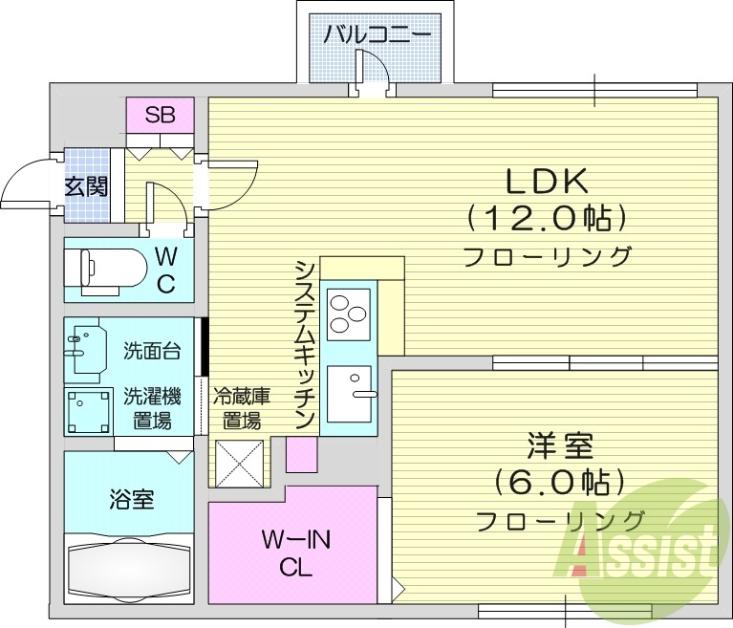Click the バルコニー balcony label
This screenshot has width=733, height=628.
point(377,36)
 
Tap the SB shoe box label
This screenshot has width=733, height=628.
point(160,116)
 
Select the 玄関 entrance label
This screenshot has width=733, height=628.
point(86,185)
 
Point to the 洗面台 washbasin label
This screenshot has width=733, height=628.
point(151,350)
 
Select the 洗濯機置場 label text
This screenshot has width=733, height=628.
point(151,407)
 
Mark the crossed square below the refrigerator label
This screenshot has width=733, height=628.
point(238,463)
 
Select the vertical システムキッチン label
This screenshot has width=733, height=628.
point(305,343)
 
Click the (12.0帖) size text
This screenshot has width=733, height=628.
point(546,219)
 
